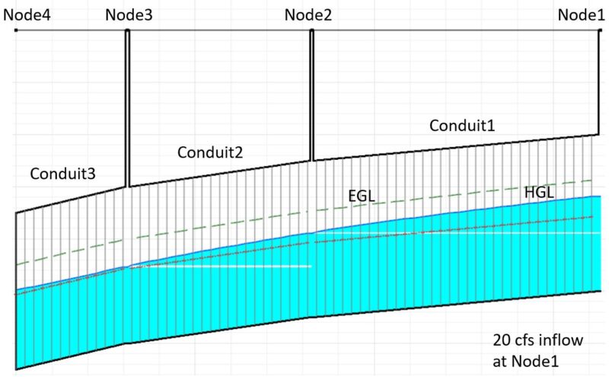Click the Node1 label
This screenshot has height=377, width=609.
pos(581,14)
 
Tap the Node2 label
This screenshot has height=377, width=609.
pos(308,14)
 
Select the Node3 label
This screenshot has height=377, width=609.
pos(129,14)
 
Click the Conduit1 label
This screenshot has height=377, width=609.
pos(462,125)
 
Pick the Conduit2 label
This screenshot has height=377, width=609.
pos(210,152)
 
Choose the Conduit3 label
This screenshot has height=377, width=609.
pos(63,173)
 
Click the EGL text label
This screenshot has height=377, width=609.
pos(362,196)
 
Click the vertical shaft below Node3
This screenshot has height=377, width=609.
pos(128,107)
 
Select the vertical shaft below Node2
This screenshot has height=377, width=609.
pos(311,95)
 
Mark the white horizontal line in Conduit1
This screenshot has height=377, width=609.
pos(457,233)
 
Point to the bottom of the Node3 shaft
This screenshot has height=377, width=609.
pos(128,185)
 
